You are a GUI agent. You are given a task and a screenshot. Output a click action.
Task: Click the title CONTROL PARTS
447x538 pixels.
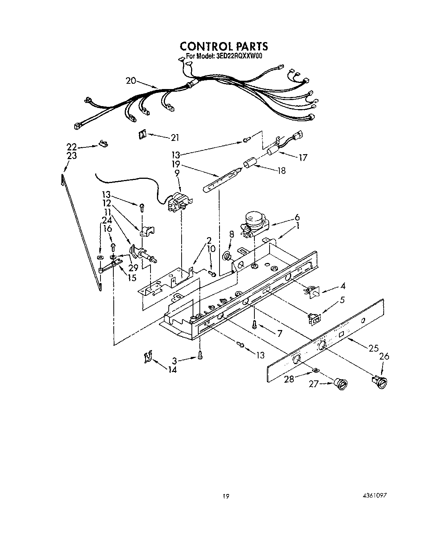pos(224,46)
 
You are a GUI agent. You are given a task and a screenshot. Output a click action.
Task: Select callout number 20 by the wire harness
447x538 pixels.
pos(131,81)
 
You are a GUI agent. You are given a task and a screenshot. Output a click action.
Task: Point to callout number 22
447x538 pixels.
pos(72,147)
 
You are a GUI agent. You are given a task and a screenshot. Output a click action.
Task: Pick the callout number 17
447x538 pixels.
pos(303,157)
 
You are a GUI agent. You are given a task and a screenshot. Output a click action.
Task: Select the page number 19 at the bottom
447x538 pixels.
pos(226,496)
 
